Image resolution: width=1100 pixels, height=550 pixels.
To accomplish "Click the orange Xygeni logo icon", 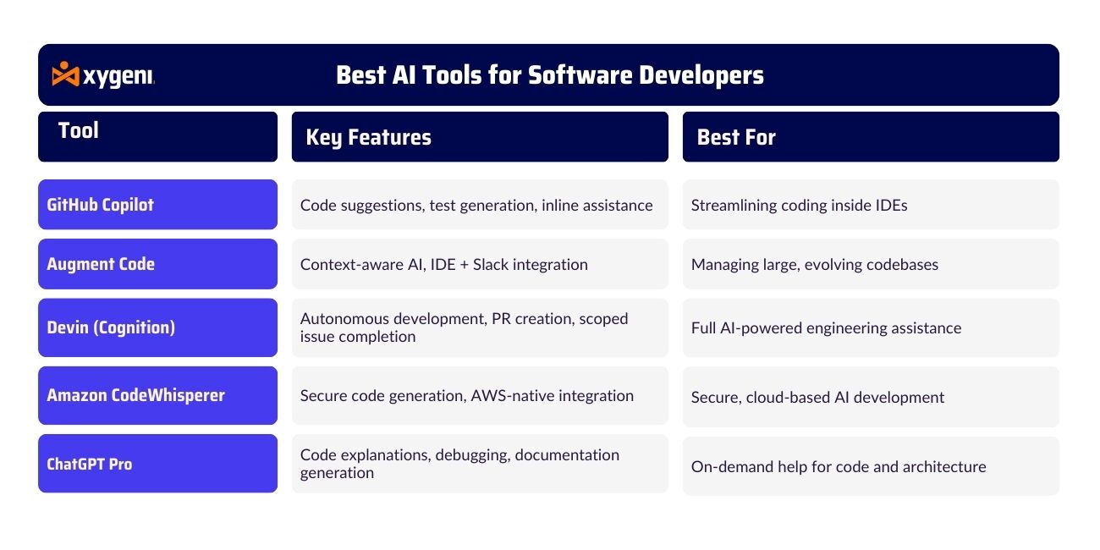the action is click(65, 74).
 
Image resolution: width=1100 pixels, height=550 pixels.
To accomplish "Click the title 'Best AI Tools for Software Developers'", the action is click(549, 75).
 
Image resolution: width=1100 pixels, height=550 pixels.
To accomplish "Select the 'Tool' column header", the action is click(157, 136).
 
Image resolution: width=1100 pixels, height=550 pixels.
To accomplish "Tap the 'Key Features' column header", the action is click(480, 136).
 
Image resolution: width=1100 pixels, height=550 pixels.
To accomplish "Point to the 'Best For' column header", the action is click(871, 136).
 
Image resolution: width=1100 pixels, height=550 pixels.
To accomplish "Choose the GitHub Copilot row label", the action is click(157, 204).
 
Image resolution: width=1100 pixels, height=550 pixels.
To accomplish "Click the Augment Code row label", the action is click(157, 264).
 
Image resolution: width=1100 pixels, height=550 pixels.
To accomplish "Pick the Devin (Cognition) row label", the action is click(157, 327).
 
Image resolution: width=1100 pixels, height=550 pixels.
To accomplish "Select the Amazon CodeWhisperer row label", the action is click(157, 395).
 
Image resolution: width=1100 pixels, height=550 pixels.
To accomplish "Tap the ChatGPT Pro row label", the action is click(157, 463).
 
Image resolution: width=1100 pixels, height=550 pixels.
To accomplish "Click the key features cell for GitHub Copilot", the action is click(480, 204).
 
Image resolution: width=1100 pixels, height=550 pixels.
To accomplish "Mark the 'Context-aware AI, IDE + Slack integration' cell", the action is click(480, 264).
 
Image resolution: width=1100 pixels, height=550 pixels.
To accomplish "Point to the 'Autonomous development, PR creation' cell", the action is click(480, 327).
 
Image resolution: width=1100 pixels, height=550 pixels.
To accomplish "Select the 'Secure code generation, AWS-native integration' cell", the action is click(480, 395).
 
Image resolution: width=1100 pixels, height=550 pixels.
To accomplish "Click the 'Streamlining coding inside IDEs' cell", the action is click(871, 204).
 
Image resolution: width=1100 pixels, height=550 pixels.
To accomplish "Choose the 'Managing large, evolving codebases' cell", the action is click(871, 264).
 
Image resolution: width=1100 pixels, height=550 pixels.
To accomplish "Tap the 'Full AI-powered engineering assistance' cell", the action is click(871, 327).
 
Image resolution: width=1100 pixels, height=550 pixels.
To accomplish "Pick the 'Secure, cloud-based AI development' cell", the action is click(871, 397).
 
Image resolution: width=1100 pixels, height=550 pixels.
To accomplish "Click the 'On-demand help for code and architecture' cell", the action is click(871, 466).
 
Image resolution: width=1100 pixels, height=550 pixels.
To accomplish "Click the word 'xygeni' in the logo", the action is click(118, 77).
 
